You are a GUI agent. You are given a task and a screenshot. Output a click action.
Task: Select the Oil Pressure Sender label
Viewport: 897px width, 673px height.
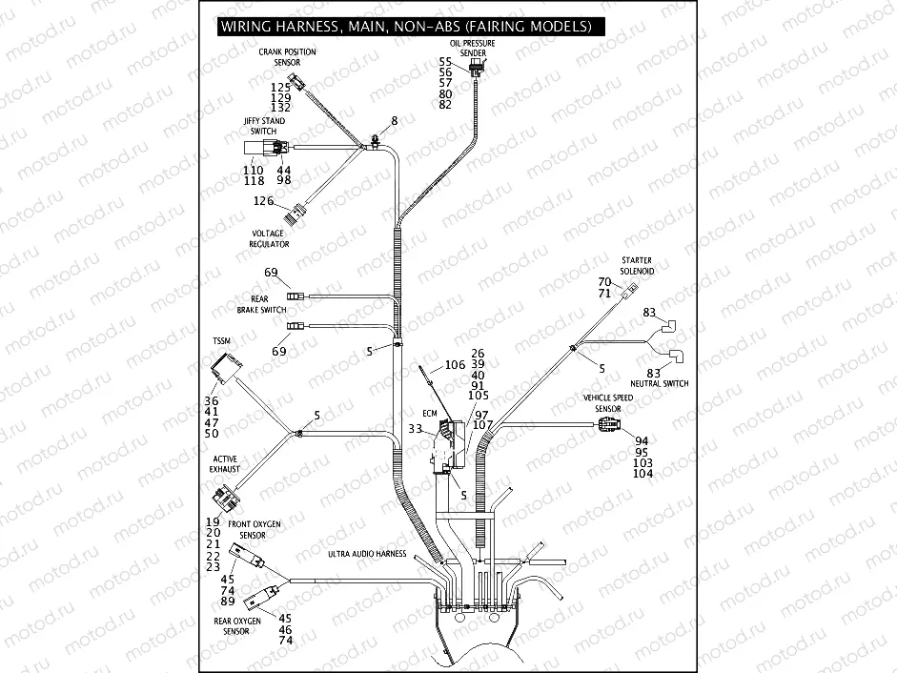473,49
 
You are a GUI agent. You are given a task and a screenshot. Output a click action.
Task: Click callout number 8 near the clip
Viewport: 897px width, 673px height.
393,121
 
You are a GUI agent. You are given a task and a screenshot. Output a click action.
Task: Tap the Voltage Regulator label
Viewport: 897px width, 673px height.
270,238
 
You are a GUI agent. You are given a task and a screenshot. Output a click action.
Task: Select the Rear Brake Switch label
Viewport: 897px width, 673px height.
260,304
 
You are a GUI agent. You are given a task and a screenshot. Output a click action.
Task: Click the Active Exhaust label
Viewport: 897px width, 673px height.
225,464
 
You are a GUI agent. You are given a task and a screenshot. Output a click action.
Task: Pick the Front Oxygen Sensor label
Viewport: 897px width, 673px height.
252,530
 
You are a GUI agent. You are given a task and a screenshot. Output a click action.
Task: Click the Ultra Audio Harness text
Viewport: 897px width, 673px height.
367,553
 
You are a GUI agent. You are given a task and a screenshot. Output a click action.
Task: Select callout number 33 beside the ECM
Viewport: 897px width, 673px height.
416,429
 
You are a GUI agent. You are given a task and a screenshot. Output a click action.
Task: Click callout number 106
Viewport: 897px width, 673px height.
455,365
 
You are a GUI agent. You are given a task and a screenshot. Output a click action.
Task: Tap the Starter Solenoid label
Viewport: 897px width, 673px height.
636,265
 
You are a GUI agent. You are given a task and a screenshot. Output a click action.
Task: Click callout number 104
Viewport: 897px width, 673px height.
642,474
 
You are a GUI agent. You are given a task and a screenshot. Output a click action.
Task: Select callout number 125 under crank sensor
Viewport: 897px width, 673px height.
279,87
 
